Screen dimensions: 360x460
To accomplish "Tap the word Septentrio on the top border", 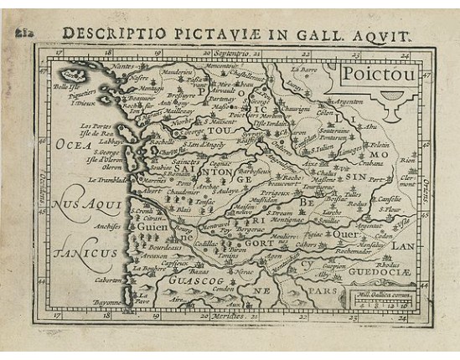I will point(232,53).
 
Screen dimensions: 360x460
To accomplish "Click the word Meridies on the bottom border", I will point(221,317).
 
